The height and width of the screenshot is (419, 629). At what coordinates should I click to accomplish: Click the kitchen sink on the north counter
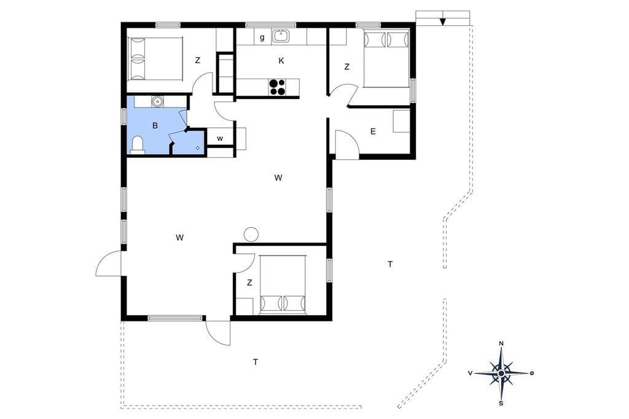(281, 36)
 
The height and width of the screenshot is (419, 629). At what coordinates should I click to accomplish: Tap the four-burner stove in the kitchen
(278, 87)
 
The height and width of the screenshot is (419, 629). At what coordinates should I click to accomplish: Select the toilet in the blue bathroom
(138, 144)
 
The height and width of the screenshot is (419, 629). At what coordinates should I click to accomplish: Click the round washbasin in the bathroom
(157, 101)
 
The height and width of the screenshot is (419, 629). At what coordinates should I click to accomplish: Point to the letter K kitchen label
(281, 61)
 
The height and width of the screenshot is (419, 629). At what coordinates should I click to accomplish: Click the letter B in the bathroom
(155, 125)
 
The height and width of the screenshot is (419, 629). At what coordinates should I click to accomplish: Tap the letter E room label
(373, 131)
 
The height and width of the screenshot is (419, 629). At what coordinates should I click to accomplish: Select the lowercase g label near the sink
(262, 38)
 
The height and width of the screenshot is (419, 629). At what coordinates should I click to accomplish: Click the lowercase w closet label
(220, 139)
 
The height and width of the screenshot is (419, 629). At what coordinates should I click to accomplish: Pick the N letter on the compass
(501, 343)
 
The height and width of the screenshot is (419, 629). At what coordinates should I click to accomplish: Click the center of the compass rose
(501, 374)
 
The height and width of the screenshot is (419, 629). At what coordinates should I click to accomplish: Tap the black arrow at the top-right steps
(442, 21)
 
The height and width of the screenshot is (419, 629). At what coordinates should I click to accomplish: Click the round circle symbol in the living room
(251, 235)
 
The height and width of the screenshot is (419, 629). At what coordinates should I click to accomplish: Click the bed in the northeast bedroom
(386, 58)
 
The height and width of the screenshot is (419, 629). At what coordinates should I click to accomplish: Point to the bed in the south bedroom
(283, 284)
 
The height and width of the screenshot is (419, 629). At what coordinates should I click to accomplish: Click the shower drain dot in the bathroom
(198, 147)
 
